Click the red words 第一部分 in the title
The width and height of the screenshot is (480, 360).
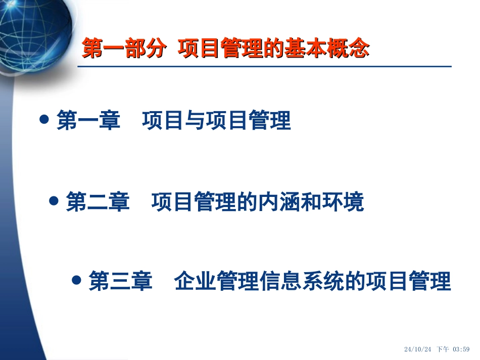click(x=124, y=48)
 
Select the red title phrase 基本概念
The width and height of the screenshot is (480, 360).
click(x=326, y=48)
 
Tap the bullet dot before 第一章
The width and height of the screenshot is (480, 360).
click(x=44, y=119)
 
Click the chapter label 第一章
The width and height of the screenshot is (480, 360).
click(x=88, y=120)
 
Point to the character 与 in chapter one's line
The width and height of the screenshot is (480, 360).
click(x=195, y=120)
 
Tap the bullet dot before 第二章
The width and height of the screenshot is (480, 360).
click(x=54, y=200)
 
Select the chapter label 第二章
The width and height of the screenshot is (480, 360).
click(x=98, y=201)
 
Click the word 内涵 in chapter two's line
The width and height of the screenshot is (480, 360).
click(x=279, y=201)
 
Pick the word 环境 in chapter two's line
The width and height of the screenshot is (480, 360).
click(x=343, y=201)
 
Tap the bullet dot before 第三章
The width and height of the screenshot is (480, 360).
click(x=76, y=280)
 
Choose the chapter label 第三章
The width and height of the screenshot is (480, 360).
click(x=120, y=281)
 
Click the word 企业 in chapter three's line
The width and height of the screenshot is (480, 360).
click(x=196, y=281)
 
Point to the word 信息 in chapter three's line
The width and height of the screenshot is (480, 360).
click(x=281, y=281)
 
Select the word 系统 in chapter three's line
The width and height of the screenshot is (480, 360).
click(x=323, y=281)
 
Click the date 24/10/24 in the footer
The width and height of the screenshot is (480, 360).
click(x=417, y=349)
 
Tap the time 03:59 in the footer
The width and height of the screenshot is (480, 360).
click(x=461, y=349)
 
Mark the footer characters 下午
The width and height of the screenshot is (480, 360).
click(x=443, y=349)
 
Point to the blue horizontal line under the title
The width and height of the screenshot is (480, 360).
click(x=264, y=66)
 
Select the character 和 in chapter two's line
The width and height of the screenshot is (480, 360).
click(x=311, y=201)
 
